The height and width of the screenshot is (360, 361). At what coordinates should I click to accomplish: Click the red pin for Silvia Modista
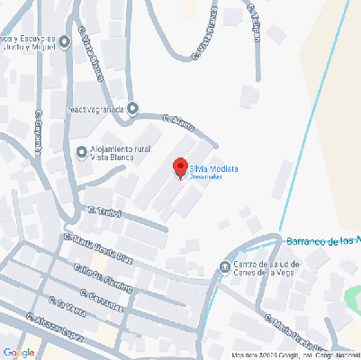click(x=179, y=167)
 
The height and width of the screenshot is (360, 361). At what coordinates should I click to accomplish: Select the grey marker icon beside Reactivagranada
click(x=133, y=109)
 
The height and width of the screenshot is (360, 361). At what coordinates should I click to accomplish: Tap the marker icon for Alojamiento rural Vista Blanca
click(x=82, y=151)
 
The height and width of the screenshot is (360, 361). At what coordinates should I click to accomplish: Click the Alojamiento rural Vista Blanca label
click(x=120, y=151)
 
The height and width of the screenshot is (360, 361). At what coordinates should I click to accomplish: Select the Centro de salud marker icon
click(x=224, y=265)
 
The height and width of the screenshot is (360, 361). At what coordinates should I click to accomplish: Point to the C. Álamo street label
click(x=178, y=121)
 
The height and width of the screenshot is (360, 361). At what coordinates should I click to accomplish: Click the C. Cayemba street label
click(x=39, y=132)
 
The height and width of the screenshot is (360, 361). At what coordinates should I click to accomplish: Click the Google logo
click(x=19, y=351)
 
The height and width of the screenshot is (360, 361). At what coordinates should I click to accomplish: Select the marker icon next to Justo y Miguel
click(x=64, y=42)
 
